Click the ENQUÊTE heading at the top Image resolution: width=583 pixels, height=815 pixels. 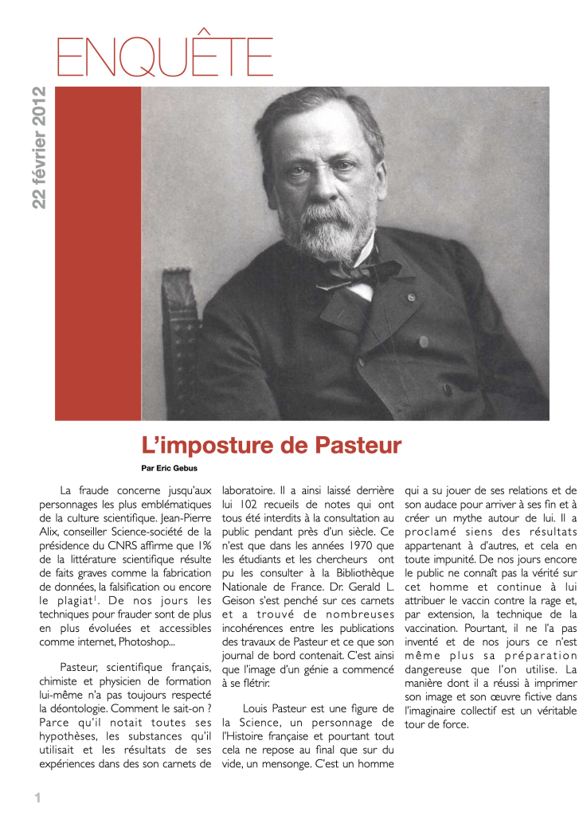coord(165,56)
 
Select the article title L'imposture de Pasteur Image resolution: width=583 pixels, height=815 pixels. coord(272,444)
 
